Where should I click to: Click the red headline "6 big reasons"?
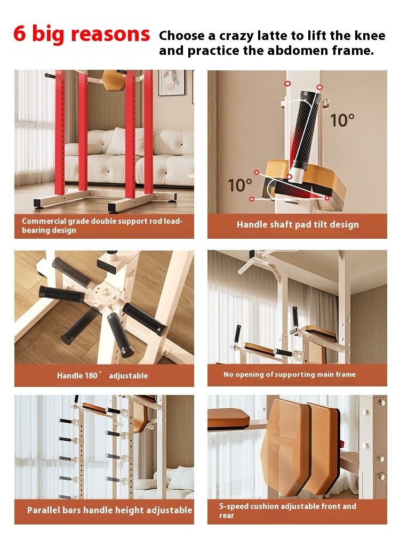pyautogui.click(x=82, y=34)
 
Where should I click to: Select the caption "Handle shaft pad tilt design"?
pyautogui.click(x=298, y=224)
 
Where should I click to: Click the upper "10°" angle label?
pyautogui.click(x=342, y=120)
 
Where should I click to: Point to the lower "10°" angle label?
pyautogui.click(x=240, y=185)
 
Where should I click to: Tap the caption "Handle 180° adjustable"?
pyautogui.click(x=102, y=375)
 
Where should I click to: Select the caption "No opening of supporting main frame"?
pyautogui.click(x=290, y=374)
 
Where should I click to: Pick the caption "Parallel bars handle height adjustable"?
pyautogui.click(x=109, y=510)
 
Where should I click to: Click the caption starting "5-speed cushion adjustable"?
pyautogui.click(x=287, y=511)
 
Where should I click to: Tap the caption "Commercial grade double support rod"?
pyautogui.click(x=102, y=225)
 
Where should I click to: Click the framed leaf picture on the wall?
pyautogui.click(x=172, y=83)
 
